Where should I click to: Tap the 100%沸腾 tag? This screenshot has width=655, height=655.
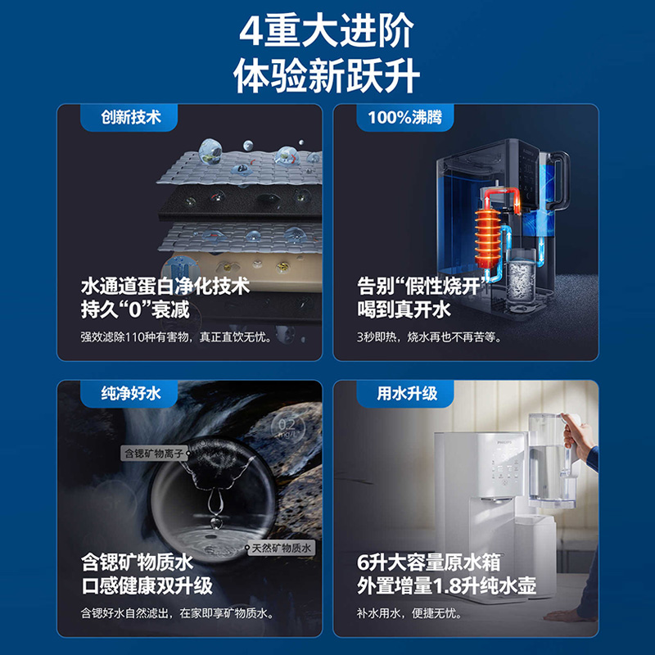click(x=404, y=117)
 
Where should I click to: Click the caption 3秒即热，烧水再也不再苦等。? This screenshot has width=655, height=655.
click(x=429, y=337)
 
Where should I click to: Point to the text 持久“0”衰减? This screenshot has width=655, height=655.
click(x=135, y=309)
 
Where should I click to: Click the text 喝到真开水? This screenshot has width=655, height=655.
click(x=404, y=309)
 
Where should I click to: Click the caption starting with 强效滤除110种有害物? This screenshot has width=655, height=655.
click(x=174, y=337)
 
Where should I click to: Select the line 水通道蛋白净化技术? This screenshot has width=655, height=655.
click(x=165, y=286)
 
